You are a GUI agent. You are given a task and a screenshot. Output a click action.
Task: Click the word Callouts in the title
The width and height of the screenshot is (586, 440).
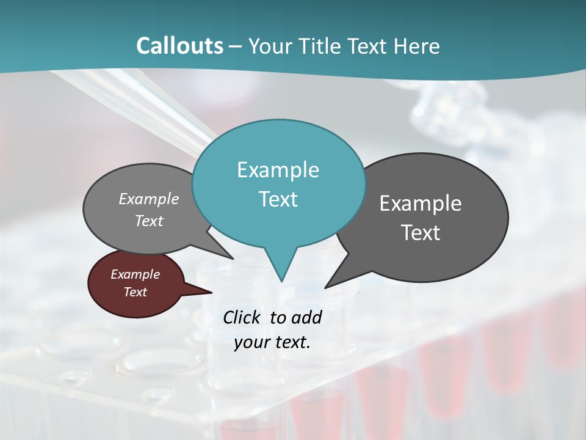[x=179, y=46]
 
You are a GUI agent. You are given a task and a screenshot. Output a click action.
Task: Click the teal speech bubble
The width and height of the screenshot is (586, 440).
[x=278, y=183]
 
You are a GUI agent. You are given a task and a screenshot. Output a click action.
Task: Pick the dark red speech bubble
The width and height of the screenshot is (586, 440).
[x=136, y=284]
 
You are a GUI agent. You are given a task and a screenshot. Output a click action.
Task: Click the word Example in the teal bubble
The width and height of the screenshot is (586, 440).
[x=278, y=169]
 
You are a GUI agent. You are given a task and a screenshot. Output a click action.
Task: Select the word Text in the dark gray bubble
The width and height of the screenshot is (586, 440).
[x=421, y=232]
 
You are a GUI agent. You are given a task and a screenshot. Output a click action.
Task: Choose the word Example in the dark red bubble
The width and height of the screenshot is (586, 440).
[x=136, y=274]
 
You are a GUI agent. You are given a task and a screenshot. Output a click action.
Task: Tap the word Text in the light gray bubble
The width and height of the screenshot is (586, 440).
[x=149, y=221]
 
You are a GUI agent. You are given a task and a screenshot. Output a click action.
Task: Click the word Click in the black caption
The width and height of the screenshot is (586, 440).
[x=242, y=317]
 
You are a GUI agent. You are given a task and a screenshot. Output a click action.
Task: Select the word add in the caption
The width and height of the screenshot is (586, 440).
[x=306, y=317]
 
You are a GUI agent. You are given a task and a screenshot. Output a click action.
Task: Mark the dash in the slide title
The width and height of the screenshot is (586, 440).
[x=235, y=46]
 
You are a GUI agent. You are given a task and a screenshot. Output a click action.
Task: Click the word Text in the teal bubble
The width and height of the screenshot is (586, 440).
[x=278, y=199]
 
